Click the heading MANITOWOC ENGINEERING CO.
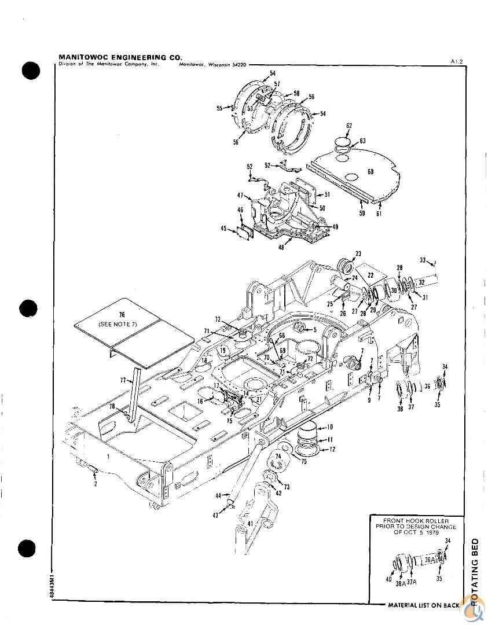120,57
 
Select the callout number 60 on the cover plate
370,172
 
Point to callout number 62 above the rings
349,126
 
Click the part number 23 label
358,253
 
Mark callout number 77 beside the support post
123,380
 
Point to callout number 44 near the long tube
219,495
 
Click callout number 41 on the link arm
249,523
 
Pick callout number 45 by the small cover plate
224,229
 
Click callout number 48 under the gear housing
281,247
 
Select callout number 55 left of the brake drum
220,108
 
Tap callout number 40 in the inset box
390,579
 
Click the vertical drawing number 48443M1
53,586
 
